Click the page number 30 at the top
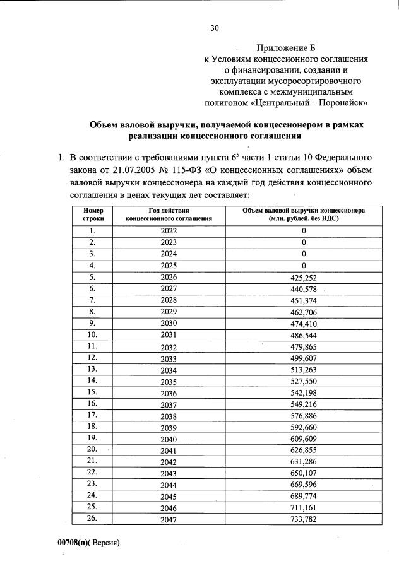tap(214, 27)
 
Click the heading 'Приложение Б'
tap(285, 48)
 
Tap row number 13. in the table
tap(92, 369)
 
